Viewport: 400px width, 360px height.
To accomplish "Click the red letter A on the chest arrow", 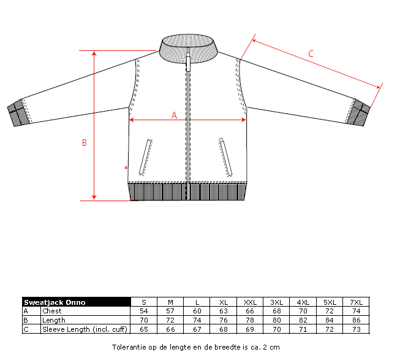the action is point(174,115).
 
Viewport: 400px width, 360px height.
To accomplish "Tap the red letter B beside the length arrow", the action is point(85,142).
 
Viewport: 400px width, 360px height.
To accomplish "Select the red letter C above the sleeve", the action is point(311,53).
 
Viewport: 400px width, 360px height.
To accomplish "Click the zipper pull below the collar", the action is point(188,62).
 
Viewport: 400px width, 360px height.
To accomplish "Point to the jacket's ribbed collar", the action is point(188,48).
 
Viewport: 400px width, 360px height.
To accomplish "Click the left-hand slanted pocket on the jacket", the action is point(146,157).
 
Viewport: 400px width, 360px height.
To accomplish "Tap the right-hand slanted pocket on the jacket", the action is point(225,157).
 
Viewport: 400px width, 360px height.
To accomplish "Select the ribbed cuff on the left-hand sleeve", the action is point(17,113).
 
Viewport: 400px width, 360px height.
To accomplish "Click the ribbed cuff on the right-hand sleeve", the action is point(358,112).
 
